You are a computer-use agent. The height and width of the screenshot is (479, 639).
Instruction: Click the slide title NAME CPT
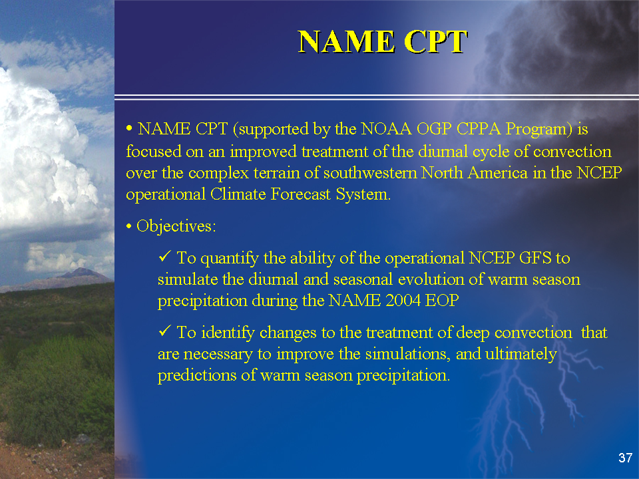click(383, 41)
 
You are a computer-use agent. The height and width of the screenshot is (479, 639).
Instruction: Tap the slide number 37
click(625, 458)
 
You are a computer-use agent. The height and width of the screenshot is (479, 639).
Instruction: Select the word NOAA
click(386, 129)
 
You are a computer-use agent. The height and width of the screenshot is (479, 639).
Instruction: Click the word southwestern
click(370, 173)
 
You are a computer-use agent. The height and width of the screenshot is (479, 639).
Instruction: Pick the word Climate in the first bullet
click(238, 194)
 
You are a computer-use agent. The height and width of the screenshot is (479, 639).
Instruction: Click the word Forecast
click(301, 194)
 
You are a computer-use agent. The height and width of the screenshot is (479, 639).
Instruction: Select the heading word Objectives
click(174, 226)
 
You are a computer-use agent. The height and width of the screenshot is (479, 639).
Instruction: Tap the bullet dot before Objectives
click(128, 226)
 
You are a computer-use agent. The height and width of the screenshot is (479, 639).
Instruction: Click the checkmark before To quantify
click(164, 257)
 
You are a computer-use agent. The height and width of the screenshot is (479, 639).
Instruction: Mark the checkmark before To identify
click(164, 331)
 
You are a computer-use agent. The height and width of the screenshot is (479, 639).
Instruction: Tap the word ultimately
click(521, 355)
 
